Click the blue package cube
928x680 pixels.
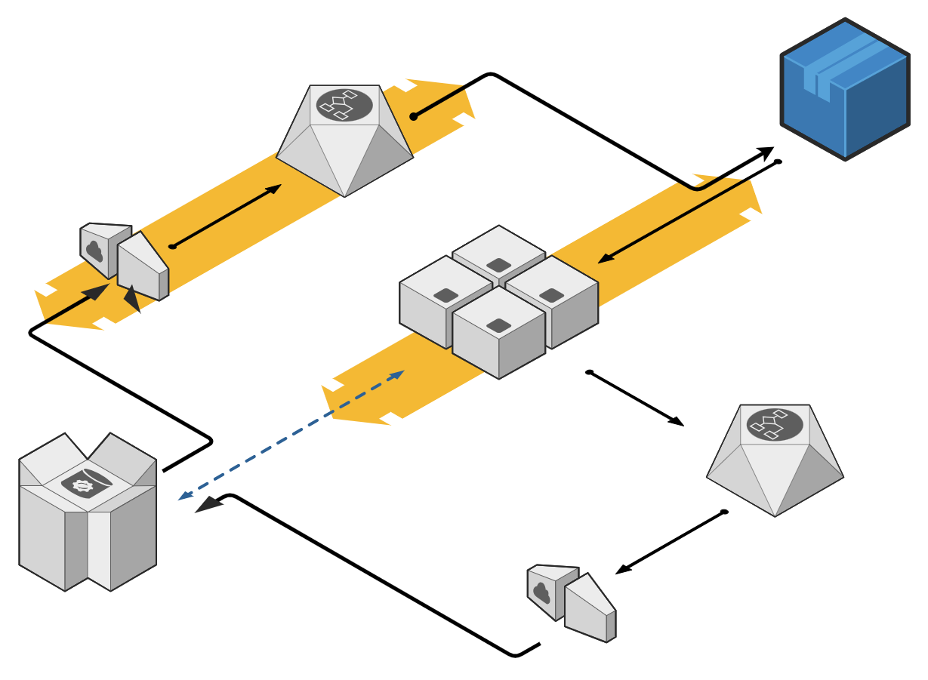(x=844, y=91)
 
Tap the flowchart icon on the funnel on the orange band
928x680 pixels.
(x=344, y=105)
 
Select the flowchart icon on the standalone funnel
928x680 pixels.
(x=775, y=425)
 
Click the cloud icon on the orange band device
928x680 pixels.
(x=94, y=251)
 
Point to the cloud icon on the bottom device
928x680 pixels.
(x=541, y=592)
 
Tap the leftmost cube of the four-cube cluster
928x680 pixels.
(x=446, y=302)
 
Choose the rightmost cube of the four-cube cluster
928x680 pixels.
(x=552, y=302)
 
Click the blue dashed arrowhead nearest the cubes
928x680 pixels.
(x=397, y=374)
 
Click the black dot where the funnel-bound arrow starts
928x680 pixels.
(x=172, y=246)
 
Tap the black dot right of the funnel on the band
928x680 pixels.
(x=414, y=116)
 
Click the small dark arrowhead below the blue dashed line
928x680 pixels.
(x=208, y=505)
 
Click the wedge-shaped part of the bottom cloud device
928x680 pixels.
(x=590, y=608)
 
